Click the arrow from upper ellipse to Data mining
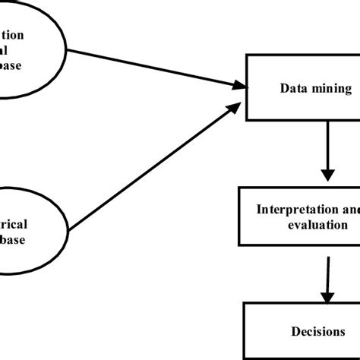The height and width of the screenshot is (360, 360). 152,66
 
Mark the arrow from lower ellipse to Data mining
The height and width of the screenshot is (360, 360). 152,163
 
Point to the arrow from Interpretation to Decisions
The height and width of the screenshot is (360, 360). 328,274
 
